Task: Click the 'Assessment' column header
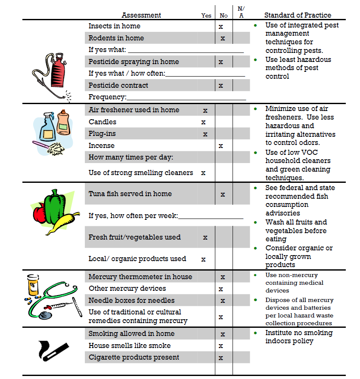pyautogui.click(x=141, y=15)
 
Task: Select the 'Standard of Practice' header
pyautogui.click(x=298, y=15)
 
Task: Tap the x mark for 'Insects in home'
pyautogui.click(x=221, y=26)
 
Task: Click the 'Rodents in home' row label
pyautogui.click(x=116, y=38)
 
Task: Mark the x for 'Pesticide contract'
pyautogui.click(x=221, y=86)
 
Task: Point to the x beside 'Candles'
pyautogui.click(x=203, y=122)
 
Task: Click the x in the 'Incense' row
pyautogui.click(x=221, y=146)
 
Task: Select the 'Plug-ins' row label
pyautogui.click(x=102, y=134)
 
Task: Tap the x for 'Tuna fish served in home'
pyautogui.click(x=223, y=194)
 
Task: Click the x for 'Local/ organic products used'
pyautogui.click(x=203, y=259)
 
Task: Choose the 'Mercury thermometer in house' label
pyautogui.click(x=140, y=277)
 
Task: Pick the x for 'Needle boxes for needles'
pyautogui.click(x=223, y=301)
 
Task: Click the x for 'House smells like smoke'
pyautogui.click(x=221, y=346)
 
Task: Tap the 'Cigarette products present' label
pyautogui.click(x=134, y=357)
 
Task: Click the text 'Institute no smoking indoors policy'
pyautogui.click(x=298, y=337)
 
